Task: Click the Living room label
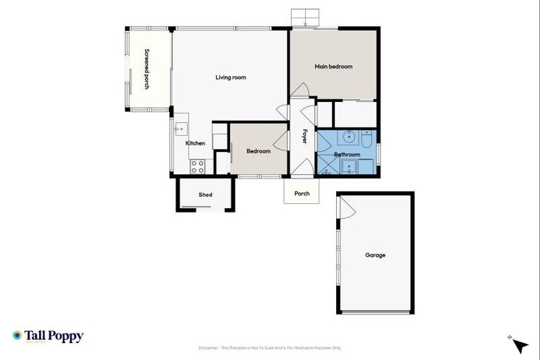click(230, 77)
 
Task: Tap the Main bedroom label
click(333, 67)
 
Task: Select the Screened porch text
click(147, 69)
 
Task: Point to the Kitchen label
click(195, 143)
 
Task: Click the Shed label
click(205, 195)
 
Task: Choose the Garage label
click(375, 255)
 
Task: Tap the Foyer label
click(305, 136)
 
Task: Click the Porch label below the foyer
click(302, 193)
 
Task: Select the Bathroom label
click(347, 155)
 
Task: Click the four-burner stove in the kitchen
click(198, 167)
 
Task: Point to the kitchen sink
click(180, 129)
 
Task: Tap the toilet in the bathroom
click(368, 136)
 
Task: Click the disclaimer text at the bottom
click(270, 347)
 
